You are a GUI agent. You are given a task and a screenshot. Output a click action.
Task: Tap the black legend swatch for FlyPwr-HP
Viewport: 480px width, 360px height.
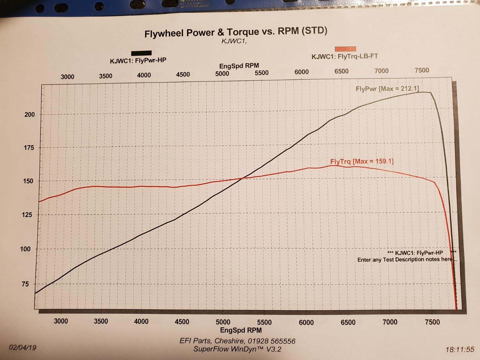click(x=141, y=53)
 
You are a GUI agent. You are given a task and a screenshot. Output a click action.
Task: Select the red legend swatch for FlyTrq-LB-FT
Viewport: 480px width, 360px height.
click(x=345, y=49)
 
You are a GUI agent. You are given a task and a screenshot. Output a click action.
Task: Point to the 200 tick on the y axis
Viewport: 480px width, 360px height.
click(x=29, y=114)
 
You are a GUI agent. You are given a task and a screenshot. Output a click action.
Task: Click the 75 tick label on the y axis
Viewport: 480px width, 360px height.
click(x=25, y=284)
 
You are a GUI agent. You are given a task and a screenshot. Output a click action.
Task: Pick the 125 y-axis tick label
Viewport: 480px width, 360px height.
click(x=27, y=215)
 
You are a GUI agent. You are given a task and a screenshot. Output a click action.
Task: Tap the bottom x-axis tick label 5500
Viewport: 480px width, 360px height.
click(x=264, y=322)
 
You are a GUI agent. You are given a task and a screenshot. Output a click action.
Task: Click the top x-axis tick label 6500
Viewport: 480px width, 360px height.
click(x=341, y=71)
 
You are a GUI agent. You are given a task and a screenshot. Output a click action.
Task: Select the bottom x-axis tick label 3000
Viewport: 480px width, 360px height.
click(x=61, y=321)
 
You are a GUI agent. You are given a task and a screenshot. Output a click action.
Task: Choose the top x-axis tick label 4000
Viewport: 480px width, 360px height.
click(x=144, y=75)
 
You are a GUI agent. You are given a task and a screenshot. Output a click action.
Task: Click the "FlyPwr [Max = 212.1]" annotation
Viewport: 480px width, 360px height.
click(x=387, y=88)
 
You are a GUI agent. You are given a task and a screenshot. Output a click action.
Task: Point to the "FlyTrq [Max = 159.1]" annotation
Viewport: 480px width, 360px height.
click(x=362, y=161)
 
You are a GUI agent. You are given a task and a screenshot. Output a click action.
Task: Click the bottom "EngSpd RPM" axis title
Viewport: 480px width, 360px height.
click(x=241, y=330)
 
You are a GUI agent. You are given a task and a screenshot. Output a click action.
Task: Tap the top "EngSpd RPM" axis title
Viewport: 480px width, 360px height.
click(x=239, y=66)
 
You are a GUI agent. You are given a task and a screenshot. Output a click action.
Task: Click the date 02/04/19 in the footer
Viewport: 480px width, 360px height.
click(x=22, y=347)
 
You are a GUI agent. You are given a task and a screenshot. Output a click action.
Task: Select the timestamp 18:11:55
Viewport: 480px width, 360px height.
click(x=460, y=349)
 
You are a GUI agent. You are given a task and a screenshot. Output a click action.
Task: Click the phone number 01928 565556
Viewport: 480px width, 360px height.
click(x=271, y=341)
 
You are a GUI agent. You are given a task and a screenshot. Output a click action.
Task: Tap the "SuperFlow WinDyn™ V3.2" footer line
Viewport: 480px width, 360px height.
click(x=237, y=349)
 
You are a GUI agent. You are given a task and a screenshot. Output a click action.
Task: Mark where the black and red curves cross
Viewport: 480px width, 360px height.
click(x=242, y=179)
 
